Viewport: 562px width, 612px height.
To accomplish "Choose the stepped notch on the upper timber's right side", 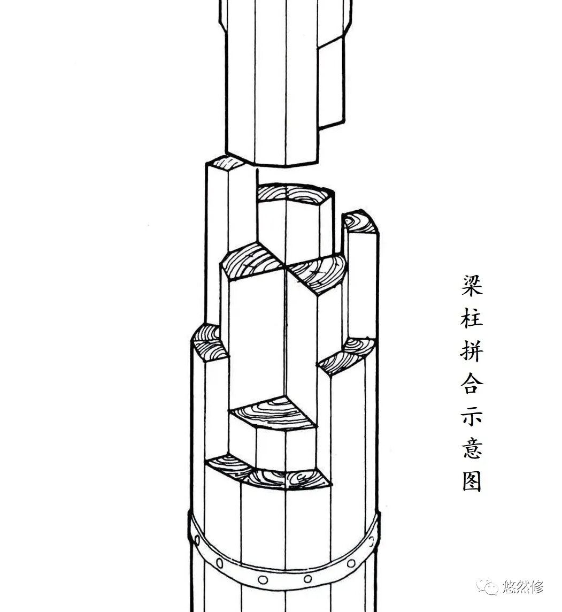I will (x=332, y=86).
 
